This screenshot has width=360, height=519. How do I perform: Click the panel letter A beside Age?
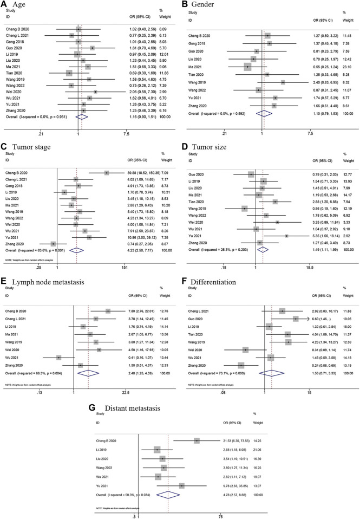point(5,5)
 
